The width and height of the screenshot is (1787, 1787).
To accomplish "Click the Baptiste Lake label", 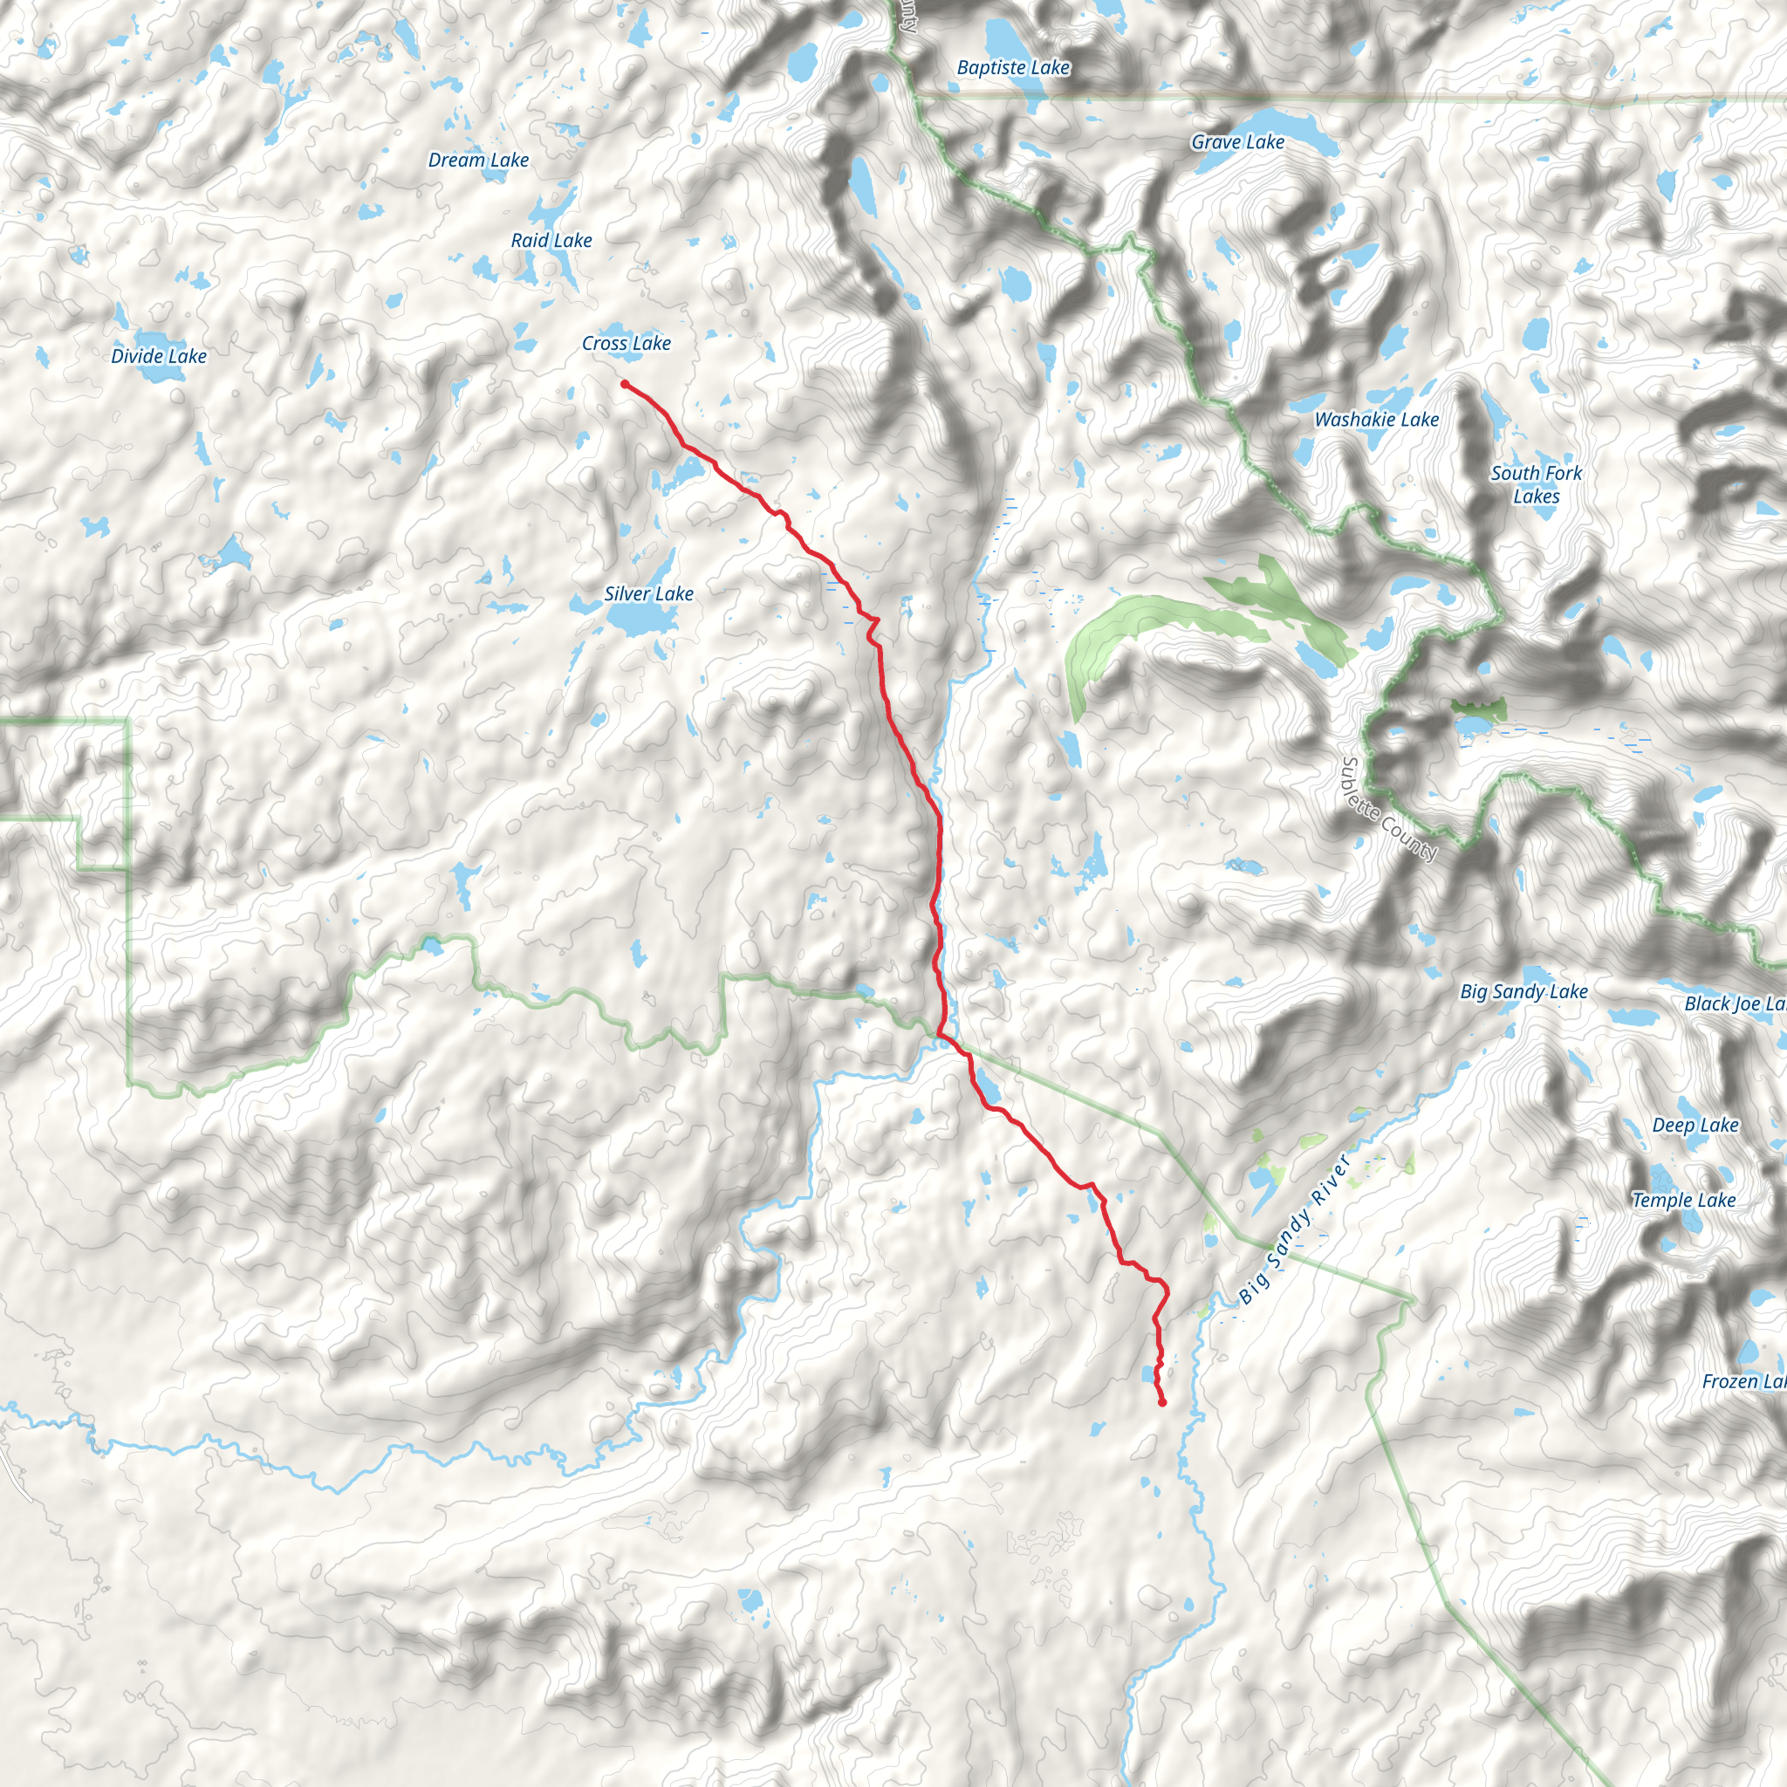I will point(1013,67).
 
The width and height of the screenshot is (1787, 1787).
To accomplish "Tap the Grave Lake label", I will point(1237,142).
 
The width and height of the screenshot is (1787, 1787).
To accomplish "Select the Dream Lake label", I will point(478,160).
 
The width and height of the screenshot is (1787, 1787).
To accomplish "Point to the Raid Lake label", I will point(551,241).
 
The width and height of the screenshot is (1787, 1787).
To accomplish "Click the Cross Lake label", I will point(626,343).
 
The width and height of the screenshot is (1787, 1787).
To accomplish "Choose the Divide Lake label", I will point(159,356).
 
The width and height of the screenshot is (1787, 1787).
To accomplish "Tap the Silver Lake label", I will point(648,594).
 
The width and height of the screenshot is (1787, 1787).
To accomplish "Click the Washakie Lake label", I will point(1376,420).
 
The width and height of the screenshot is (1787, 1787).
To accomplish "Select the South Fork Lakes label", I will point(1537,484).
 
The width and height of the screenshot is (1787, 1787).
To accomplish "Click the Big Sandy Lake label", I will point(1523,991).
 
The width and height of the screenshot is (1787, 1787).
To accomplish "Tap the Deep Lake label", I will point(1695,1125).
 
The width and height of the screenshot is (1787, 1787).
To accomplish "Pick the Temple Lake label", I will point(1683,1200).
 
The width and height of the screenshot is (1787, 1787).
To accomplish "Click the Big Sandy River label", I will point(1295,1229).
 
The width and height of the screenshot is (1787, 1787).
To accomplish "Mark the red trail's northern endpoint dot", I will point(626,385).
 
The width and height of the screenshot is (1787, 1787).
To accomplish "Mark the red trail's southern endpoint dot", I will point(1161,1403).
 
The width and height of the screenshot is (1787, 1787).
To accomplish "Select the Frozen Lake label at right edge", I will point(1742,1381).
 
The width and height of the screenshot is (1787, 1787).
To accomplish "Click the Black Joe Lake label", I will point(1735,1003).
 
